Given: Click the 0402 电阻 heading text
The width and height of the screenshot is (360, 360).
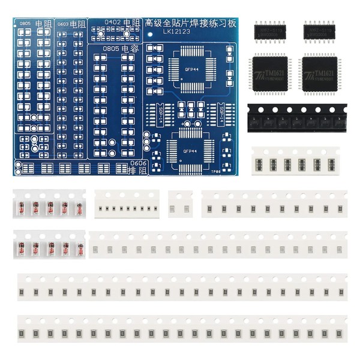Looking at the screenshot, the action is [x=121, y=22].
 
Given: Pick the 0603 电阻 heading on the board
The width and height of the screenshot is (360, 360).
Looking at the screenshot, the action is [x=71, y=23].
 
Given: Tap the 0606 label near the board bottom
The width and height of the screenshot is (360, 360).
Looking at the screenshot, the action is [x=137, y=163].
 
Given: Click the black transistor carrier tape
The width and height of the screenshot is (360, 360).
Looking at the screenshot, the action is [x=296, y=118].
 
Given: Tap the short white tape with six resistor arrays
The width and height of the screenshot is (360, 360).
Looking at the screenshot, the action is [x=298, y=163].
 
